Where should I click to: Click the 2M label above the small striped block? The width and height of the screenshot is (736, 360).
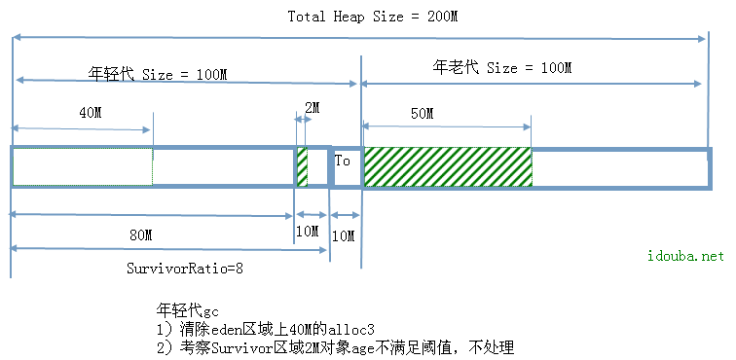(311, 106)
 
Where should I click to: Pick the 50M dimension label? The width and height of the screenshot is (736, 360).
(422, 113)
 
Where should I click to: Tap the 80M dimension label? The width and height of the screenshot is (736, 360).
(140, 234)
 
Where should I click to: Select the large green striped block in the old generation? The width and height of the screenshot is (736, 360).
(447, 167)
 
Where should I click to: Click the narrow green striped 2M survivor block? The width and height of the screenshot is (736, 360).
(302, 166)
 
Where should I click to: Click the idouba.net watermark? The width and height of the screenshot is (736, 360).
(686, 256)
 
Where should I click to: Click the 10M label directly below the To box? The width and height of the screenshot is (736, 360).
(344, 235)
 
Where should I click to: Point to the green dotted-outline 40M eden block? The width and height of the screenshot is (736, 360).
(82, 167)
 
